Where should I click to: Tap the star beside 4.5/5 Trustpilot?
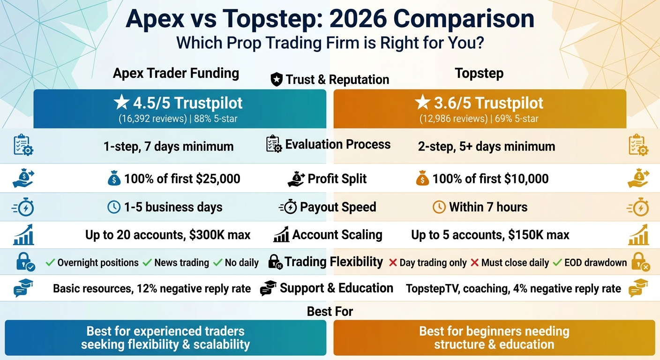122,103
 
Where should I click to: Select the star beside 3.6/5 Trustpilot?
422,103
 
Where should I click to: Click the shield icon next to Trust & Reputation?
277,80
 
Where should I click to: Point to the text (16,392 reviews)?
152,119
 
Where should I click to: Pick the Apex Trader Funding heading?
176,73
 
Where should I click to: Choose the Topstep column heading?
479,73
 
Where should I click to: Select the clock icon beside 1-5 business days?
114,207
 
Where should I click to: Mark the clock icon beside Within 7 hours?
439,207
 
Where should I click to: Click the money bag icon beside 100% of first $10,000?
422,179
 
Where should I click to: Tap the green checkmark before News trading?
147,262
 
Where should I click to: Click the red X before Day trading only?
393,262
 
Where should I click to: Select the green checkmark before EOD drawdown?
557,262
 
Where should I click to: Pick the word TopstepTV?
432,289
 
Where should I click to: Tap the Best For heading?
330,311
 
